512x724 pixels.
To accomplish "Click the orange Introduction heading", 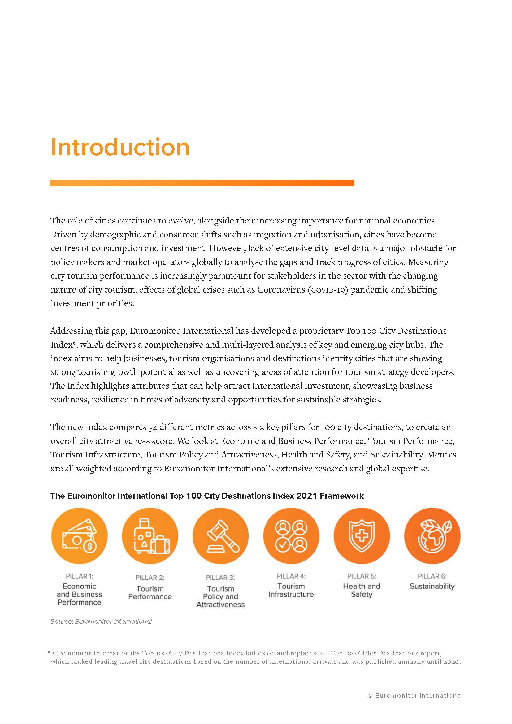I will pyautogui.click(x=120, y=147).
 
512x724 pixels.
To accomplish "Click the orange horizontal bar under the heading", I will pyautogui.click(x=202, y=183).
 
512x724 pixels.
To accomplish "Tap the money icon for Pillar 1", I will pyautogui.click(x=79, y=536).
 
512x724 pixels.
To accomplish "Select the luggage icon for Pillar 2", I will pyautogui.click(x=150, y=536).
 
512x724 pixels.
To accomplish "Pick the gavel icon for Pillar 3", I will pyautogui.click(x=220, y=536).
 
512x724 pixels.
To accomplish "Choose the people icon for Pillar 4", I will pyautogui.click(x=291, y=536).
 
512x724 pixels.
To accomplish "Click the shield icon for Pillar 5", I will pyautogui.click(x=362, y=536).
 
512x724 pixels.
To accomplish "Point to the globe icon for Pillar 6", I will pyautogui.click(x=432, y=536).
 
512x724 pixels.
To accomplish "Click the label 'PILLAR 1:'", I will pyautogui.click(x=79, y=576).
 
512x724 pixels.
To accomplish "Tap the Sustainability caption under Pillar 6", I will pyautogui.click(x=432, y=586).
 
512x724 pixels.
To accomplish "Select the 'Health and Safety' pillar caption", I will pyautogui.click(x=362, y=590).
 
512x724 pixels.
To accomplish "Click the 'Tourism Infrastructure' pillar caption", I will pyautogui.click(x=291, y=590).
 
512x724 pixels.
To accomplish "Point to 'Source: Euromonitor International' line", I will pyautogui.click(x=101, y=621).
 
